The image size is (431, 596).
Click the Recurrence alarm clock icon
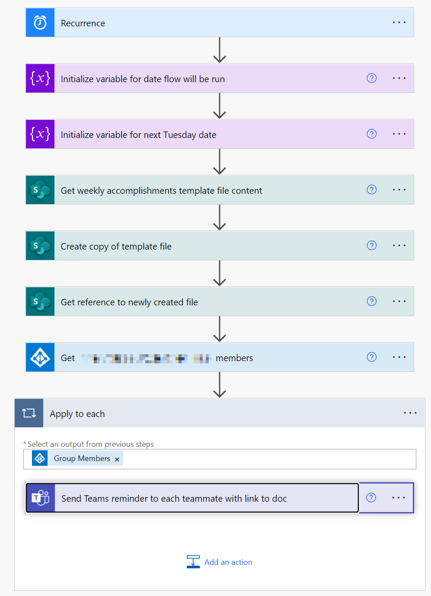pos(40,22)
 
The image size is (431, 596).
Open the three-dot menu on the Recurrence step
pos(399,22)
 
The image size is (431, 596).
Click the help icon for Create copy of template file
pos(372,246)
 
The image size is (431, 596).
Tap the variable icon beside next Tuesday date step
pos(40,134)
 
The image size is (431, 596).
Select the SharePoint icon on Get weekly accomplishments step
pos(40,190)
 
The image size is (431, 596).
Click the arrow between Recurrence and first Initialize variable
pos(220,50)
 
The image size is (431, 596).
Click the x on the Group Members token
pos(117,459)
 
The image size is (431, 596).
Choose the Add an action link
pos(228,562)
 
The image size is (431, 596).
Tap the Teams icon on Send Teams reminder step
pos(41,498)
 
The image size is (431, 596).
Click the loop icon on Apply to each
pos(29,413)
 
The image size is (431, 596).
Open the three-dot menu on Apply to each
pos(410,413)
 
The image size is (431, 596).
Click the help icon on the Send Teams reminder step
pos(371,498)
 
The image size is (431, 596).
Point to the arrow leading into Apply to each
pos(220,385)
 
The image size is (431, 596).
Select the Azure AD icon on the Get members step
pos(40,358)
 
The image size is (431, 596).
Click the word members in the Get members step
pos(234,358)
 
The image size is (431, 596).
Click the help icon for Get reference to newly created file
pos(372,301)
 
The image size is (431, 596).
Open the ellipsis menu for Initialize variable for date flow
pos(399,78)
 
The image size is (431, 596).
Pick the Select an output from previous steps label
pos(91,444)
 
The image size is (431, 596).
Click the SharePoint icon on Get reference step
pos(40,301)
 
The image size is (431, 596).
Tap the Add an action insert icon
pos(193,562)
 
